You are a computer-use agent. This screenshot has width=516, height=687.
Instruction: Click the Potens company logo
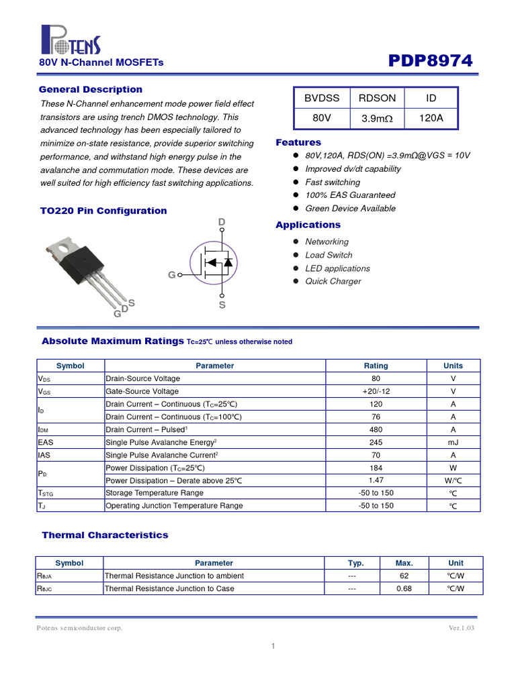71,40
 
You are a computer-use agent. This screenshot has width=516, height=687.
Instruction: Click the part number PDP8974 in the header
431,61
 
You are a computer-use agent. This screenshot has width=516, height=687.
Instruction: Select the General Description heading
91,89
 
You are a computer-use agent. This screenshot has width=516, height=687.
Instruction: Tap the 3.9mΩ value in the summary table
377,118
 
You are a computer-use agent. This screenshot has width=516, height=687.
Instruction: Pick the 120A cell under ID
431,118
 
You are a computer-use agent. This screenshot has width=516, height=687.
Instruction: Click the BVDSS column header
322,98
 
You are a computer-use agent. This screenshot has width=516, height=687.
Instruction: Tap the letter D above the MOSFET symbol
221,222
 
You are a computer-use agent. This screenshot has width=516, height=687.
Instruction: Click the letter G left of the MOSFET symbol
172,275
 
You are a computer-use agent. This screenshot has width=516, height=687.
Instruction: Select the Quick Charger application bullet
333,281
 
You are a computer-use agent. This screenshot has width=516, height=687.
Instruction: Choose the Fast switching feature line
332,182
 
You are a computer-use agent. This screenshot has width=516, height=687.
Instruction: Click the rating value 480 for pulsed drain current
376,429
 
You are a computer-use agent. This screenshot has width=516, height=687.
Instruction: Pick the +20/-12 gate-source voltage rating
376,391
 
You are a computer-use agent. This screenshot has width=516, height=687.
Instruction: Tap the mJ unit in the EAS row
453,442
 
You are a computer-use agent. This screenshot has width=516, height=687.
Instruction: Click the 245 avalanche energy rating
376,442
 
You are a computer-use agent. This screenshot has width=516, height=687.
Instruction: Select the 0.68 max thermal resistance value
404,588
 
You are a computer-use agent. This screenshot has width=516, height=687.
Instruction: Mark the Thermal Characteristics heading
105,535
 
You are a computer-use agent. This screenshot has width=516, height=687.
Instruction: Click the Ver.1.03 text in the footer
462,628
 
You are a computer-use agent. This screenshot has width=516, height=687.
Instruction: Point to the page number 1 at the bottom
273,646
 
